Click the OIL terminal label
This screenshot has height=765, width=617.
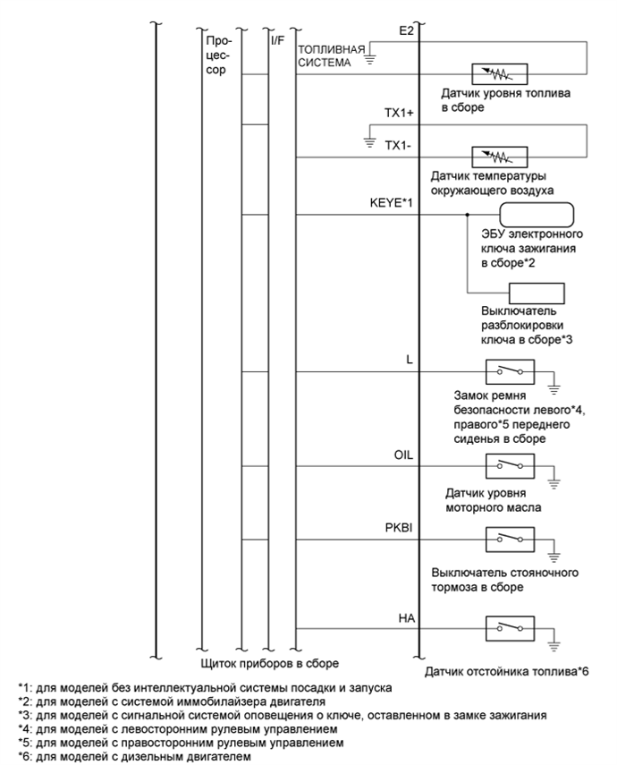pos(404,454)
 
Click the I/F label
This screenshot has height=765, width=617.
pos(277,39)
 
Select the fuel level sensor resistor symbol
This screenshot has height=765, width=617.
pos(498,74)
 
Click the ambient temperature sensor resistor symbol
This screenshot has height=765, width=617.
pos(498,157)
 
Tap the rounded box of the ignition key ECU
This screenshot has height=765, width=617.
pos(536,216)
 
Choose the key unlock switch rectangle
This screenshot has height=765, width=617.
pos(536,293)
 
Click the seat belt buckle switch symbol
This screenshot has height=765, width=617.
pos(509,369)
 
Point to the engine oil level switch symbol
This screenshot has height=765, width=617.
pos(509,464)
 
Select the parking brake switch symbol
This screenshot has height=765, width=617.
pos(509,540)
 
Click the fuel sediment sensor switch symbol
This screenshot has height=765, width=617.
pos(509,627)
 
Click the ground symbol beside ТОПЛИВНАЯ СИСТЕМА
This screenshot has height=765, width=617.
pos(369,63)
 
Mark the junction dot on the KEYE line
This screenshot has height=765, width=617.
pos(468,216)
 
